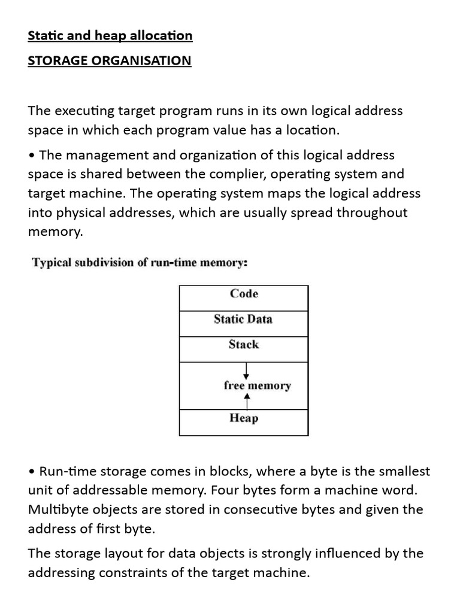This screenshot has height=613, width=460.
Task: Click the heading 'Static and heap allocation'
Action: tap(110, 36)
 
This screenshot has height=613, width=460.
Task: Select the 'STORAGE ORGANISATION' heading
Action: tap(110, 61)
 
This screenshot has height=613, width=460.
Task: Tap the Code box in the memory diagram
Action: tap(244, 294)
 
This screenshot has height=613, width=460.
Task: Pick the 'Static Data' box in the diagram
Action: tap(243, 320)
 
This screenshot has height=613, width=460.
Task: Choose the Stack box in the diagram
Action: tap(244, 345)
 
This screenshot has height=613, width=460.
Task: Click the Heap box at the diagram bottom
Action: tap(244, 418)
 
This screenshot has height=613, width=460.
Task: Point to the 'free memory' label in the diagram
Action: tap(257, 386)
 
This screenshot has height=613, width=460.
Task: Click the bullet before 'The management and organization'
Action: tap(32, 156)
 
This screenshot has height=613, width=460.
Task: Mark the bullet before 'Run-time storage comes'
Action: tap(32, 472)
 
